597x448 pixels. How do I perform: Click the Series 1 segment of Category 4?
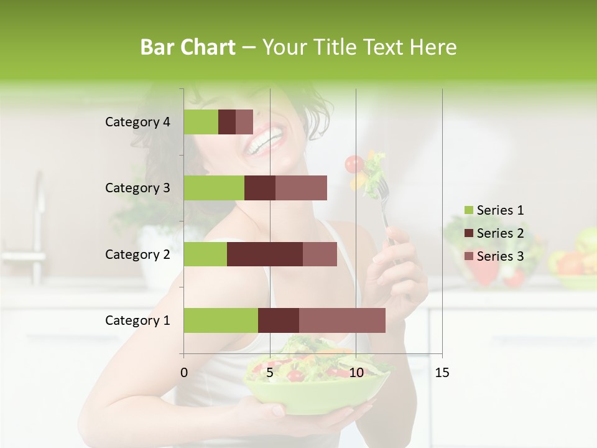coord(201,122)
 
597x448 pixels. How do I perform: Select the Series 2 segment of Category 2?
coord(265,254)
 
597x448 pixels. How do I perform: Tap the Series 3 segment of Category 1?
coord(342,320)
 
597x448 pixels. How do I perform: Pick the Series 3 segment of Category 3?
coord(301,188)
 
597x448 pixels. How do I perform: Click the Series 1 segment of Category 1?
coord(221,320)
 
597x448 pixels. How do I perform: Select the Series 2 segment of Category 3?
coord(260,188)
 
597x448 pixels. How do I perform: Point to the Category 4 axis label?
coord(137,122)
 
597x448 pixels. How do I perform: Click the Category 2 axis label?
coord(137,254)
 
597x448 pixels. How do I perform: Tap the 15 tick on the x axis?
coord(442,373)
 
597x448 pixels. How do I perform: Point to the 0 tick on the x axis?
coord(184,373)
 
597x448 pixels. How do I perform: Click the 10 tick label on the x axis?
coord(356,373)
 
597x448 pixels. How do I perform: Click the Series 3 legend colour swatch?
coord(468,256)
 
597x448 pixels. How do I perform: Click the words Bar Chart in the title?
coord(187,47)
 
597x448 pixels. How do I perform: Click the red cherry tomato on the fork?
coord(354,164)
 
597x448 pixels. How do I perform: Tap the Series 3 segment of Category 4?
coord(244,122)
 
